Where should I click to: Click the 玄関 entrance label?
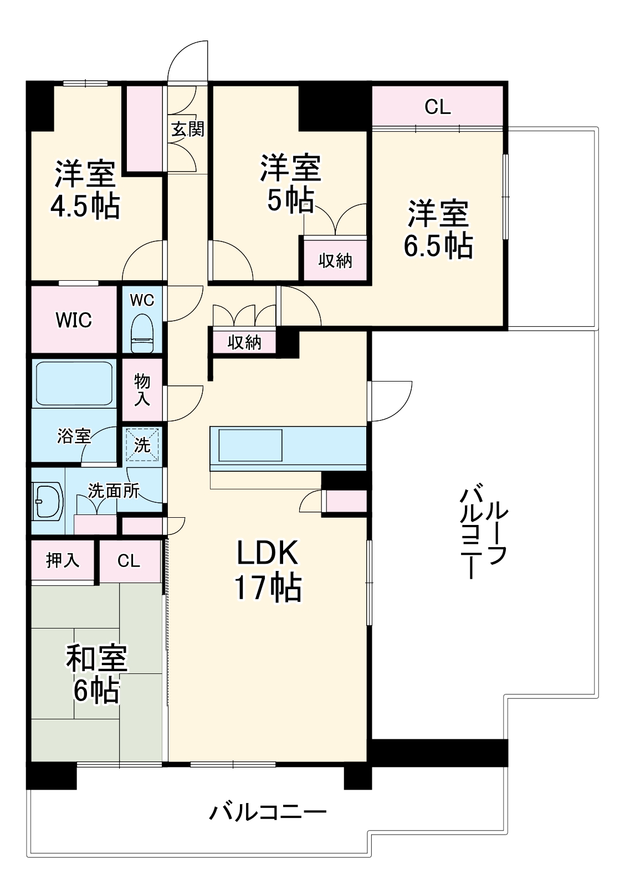pos(187,129)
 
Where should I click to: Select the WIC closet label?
pos(74,320)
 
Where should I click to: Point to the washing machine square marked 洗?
pos(142,445)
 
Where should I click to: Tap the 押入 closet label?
pos(63,560)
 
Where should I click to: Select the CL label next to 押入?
pos(129,561)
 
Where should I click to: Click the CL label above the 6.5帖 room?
pos(438,107)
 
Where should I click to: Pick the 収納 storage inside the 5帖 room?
pos(335,260)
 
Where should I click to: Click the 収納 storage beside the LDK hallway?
pos(244,342)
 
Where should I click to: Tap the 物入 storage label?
pos(142,390)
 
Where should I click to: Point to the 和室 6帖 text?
pos(96,674)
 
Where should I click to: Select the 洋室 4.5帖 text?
pos(85,190)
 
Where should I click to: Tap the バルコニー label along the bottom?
pos(268,812)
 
